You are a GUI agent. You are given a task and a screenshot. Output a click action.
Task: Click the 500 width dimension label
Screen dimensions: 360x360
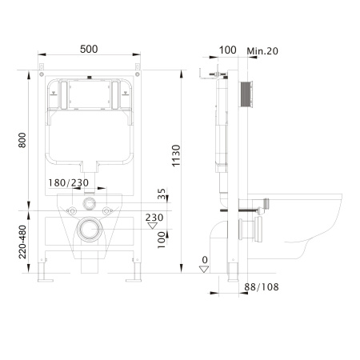pos(89,49)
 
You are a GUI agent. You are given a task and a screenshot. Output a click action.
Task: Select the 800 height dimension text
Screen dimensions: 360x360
pos(22,140)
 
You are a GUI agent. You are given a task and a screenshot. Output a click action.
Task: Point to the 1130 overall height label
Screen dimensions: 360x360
pos(176,156)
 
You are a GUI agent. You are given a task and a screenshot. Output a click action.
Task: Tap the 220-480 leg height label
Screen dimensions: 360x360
pos(22,242)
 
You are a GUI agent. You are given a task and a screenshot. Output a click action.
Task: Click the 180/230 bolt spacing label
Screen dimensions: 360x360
pos(68,183)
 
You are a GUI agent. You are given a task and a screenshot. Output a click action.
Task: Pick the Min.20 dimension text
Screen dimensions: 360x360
pos(262,50)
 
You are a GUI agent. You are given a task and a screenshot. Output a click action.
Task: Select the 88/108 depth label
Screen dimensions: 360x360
pos(262,287)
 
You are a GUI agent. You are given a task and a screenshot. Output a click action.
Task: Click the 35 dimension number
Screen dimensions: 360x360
pos(162,194)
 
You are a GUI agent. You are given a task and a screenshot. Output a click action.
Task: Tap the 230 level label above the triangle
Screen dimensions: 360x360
pos(154,218)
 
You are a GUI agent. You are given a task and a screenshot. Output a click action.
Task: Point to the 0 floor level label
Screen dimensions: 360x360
pos(205,260)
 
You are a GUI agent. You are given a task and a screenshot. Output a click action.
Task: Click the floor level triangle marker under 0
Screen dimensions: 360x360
pos(204,269)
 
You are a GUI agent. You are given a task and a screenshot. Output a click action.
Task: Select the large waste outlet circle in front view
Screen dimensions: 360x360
pos(90,230)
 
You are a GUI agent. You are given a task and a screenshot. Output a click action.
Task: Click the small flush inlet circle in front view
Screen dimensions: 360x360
pos(89,203)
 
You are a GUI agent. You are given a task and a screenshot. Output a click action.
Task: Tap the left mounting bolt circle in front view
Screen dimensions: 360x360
pos(72,211)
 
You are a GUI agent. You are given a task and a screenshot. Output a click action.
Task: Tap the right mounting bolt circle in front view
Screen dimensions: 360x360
pos(106,211)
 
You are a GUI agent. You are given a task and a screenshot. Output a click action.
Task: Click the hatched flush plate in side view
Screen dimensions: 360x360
pos(246,94)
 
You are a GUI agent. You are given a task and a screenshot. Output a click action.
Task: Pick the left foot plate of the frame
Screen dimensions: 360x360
pos(46,280)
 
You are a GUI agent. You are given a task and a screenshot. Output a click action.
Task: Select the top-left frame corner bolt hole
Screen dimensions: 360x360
pos(42,74)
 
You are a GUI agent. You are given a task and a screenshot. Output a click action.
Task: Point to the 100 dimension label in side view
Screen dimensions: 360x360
pos(227,50)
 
